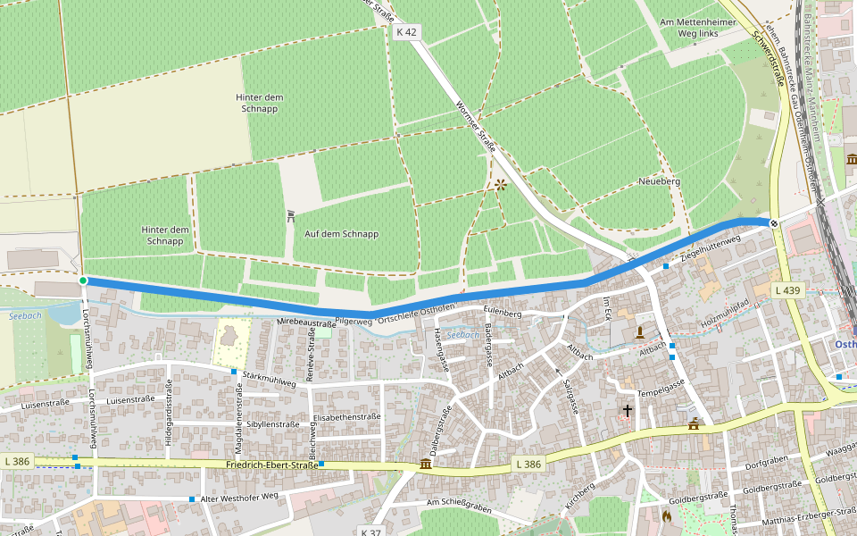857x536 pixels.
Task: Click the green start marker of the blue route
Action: (83, 281)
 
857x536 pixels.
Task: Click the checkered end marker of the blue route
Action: (774, 222)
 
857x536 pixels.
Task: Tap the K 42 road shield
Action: (405, 32)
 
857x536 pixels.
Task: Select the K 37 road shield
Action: (371, 532)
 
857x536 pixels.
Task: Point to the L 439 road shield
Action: (788, 290)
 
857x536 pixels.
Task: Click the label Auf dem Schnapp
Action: (342, 234)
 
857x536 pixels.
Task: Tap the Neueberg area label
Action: (660, 181)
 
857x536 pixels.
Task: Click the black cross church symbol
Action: (628, 411)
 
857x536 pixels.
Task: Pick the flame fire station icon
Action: (666, 515)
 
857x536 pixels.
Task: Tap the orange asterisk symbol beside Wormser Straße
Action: (500, 185)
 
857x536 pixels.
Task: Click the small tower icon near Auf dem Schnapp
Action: (291, 216)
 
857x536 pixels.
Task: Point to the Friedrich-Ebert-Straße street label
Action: (272, 465)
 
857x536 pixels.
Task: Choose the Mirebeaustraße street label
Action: (306, 322)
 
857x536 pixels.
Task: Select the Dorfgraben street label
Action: (763, 465)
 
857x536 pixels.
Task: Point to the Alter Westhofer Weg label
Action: (240, 498)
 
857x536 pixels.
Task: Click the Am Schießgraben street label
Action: (460, 506)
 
